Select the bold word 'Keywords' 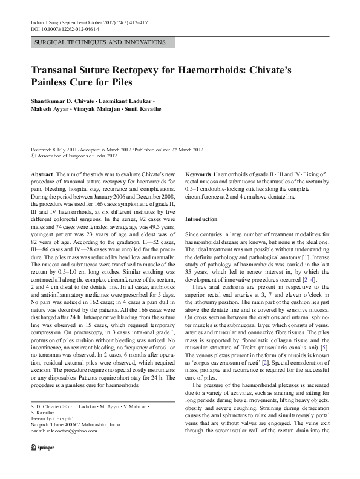[x=198, y=173]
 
